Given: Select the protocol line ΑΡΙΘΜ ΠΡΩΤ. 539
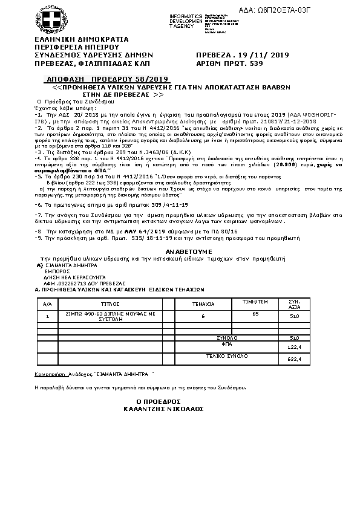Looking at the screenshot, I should [231, 63].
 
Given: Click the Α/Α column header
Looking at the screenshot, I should [48, 303].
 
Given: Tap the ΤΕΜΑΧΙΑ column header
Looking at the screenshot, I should [203, 303].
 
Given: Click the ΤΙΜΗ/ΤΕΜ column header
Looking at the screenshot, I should [255, 300].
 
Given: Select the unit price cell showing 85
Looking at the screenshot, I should [255, 314].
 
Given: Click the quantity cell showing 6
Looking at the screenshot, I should [203, 316].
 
